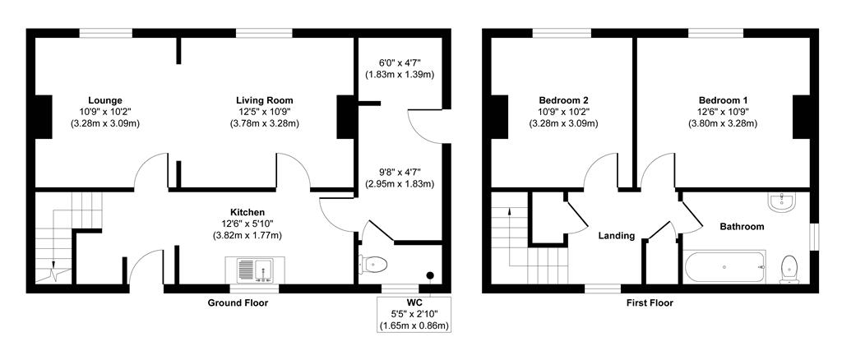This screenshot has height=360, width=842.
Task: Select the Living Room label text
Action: tap(264, 99)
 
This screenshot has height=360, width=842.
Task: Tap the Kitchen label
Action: tap(247, 212)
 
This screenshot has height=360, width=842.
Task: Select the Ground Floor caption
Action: tap(237, 302)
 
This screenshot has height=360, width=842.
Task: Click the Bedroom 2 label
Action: tap(563, 99)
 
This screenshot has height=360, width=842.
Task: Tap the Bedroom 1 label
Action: tap(723, 99)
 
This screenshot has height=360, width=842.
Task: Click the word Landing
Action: tap(616, 236)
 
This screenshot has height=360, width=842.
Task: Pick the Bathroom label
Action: tap(742, 226)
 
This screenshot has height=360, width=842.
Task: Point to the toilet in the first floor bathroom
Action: tap(789, 267)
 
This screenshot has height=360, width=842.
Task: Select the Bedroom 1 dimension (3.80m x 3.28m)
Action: tap(723, 123)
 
